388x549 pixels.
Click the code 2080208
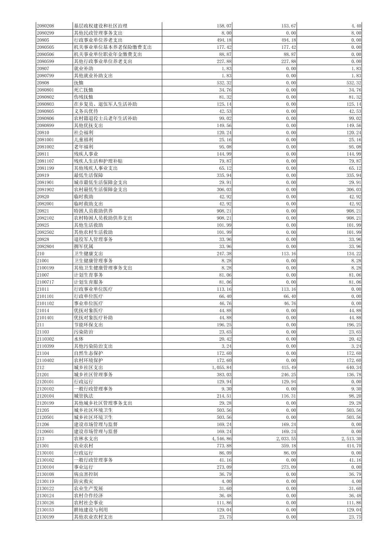coord(46,26)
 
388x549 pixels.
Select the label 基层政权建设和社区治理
coord(100,26)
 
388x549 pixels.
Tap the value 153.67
coord(289,26)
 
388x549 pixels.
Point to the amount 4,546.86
coord(221,438)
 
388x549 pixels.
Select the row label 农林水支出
coord(86,438)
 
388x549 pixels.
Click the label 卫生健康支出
coord(89,254)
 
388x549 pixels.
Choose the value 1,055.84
coord(221,367)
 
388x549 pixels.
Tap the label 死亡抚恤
coord(83,90)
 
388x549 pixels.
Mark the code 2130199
coord(46,517)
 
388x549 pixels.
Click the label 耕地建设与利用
coord(91,510)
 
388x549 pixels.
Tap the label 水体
coord(79,339)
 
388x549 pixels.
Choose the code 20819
coord(43,175)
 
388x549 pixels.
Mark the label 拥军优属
coord(83,246)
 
